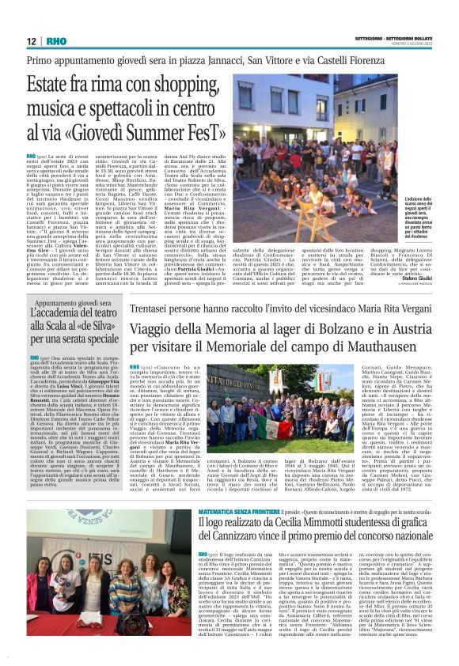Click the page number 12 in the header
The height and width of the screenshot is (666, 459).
(x=32, y=41)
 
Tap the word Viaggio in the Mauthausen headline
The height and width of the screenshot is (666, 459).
(x=134, y=327)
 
